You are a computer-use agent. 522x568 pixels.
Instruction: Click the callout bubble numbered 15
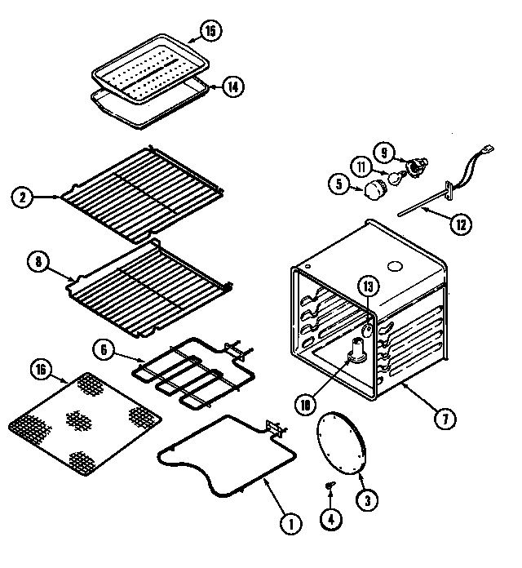[x=210, y=32]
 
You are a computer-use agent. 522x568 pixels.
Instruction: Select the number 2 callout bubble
[x=24, y=197]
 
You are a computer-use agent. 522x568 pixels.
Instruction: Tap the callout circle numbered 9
[x=383, y=151]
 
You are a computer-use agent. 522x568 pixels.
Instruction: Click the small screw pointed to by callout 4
[x=330, y=487]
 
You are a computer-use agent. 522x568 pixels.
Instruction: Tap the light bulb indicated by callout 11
[x=395, y=176]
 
